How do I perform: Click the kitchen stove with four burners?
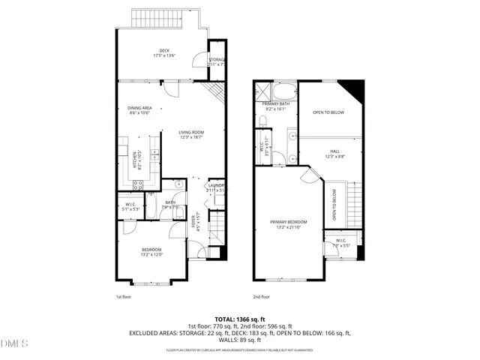pos(138,185)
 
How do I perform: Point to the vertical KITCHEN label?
pos(135,159)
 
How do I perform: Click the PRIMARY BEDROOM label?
pos(289,223)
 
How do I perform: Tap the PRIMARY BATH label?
pos(275,106)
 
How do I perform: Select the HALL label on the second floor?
pos(334,154)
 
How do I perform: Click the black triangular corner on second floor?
pos(354,87)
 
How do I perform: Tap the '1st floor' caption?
pos(124,297)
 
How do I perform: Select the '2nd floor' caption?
pos(261,297)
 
